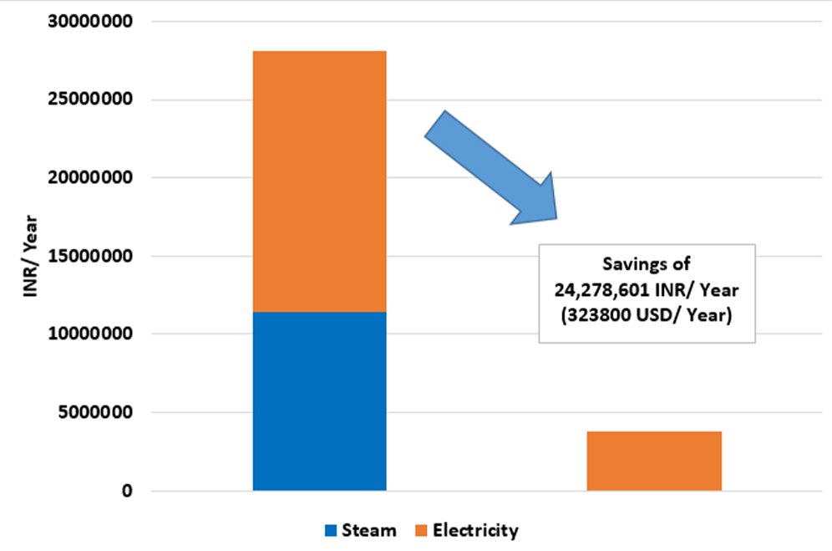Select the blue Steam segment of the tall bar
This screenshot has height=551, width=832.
pyautogui.click(x=319, y=400)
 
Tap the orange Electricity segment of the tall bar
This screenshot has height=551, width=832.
pyautogui.click(x=319, y=181)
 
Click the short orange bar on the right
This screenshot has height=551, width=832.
pyautogui.click(x=654, y=461)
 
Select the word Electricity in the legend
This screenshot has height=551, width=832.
pyautogui.click(x=474, y=530)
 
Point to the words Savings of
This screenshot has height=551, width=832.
pyautogui.click(x=647, y=265)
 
